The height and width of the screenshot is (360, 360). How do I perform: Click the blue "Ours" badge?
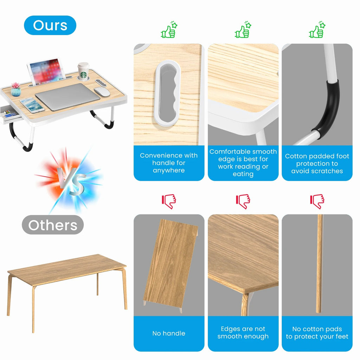[x=50, y=25]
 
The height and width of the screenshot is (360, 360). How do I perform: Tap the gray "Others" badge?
[x=53, y=225]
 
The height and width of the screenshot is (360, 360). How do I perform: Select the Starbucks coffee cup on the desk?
[x=83, y=71]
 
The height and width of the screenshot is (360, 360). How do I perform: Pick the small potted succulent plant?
[x=16, y=90]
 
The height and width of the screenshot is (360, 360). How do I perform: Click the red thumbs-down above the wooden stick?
[x=317, y=201]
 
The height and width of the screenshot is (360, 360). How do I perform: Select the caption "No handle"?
[x=169, y=333]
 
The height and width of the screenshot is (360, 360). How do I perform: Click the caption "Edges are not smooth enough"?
[x=243, y=333]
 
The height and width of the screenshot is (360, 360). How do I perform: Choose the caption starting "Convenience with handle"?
[x=169, y=163]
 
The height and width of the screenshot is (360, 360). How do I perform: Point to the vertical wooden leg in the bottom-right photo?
[x=319, y=264]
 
